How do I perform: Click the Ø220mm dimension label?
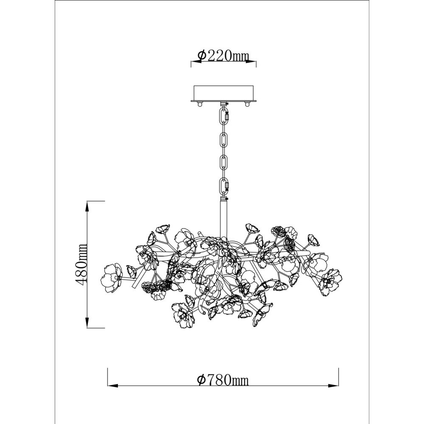point(223,56)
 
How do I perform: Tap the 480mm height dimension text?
point(82,264)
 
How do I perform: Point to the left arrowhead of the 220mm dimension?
point(196,62)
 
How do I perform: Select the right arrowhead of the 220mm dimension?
point(251,62)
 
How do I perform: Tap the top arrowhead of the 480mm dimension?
point(87,206)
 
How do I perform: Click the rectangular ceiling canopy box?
point(223,93)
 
